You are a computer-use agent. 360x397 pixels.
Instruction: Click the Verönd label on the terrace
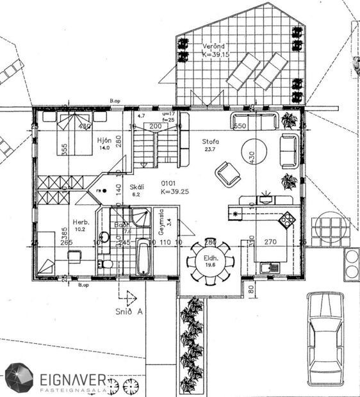[213, 47]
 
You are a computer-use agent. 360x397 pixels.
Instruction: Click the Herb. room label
[81, 222]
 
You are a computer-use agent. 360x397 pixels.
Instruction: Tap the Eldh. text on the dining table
[209, 258]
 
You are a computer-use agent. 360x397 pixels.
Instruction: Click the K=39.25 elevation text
[157, 191]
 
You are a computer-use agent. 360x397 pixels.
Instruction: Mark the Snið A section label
[133, 312]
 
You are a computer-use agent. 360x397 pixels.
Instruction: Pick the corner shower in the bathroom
[140, 217]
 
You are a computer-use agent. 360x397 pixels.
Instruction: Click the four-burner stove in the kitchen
[286, 220]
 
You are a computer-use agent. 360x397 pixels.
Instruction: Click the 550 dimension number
[240, 127]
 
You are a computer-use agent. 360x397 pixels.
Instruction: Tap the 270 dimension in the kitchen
[270, 242]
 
